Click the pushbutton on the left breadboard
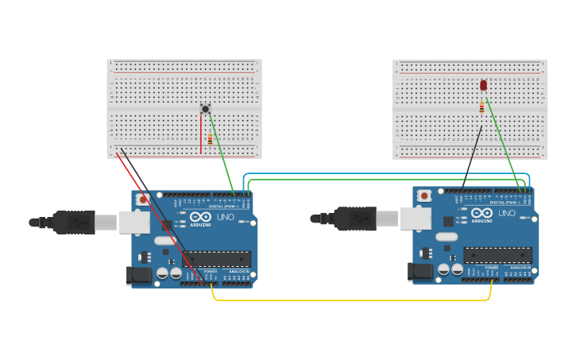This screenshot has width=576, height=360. [205, 109]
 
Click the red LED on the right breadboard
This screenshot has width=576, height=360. [483, 85]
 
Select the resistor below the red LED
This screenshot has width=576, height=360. [481, 107]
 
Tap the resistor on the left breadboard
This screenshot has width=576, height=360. [210, 139]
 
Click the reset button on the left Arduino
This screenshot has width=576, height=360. [143, 199]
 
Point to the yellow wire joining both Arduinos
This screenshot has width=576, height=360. [350, 300]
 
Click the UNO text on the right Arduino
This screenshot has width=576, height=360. [506, 213]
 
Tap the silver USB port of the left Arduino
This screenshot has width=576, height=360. [134, 222]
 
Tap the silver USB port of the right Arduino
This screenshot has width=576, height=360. [415, 218]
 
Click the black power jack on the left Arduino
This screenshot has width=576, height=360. [138, 276]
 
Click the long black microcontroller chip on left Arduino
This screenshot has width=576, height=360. [219, 258]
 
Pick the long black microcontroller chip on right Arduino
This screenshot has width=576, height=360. [498, 255]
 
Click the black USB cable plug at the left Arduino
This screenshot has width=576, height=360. [75, 223]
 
